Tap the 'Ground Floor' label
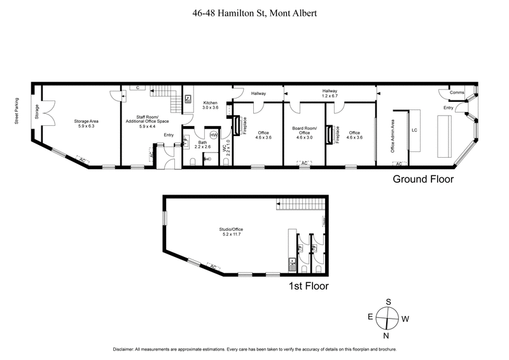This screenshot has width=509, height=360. click(x=422, y=179)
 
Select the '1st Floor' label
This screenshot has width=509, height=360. click(x=308, y=286)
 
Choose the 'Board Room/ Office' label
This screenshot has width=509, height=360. click(x=303, y=130)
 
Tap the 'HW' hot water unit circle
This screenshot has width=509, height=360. click(x=214, y=135)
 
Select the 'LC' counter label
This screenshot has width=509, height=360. click(x=414, y=130)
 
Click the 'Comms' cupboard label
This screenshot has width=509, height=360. click(x=457, y=93)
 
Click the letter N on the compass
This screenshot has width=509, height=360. click(x=386, y=335)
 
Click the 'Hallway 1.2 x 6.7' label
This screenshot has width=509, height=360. click(x=330, y=93)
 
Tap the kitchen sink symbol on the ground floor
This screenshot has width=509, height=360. click(x=189, y=99)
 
